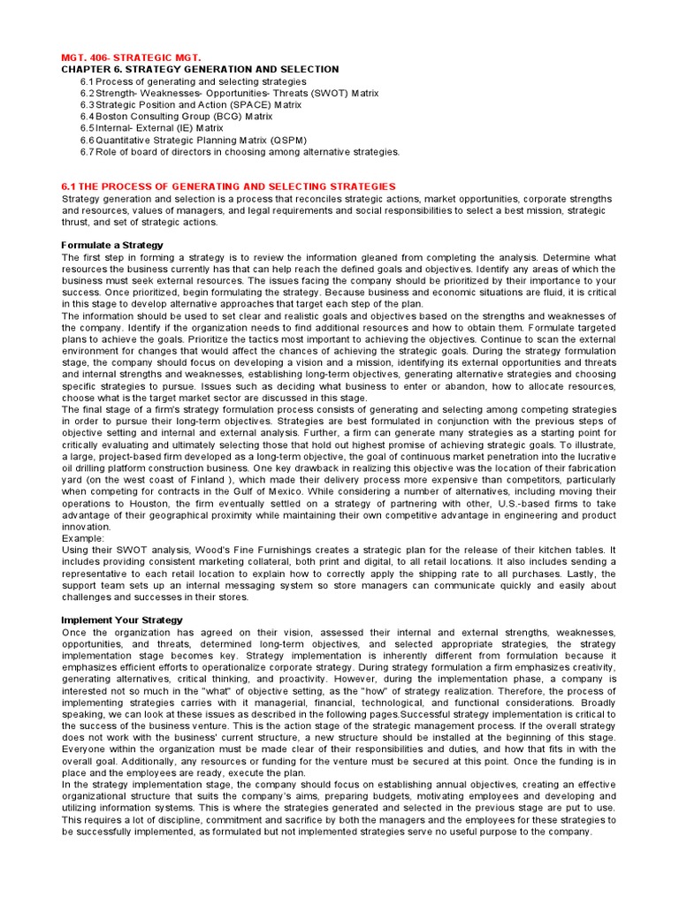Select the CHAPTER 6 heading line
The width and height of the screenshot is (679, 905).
[x=200, y=69]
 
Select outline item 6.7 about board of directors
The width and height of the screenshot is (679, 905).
[x=240, y=151]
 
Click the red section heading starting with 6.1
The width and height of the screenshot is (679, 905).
[x=228, y=186]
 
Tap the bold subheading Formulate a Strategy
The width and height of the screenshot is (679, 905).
[x=112, y=245]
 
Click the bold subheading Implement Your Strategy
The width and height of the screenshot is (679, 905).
[x=122, y=620]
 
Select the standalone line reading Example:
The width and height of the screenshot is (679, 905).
[x=84, y=537]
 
